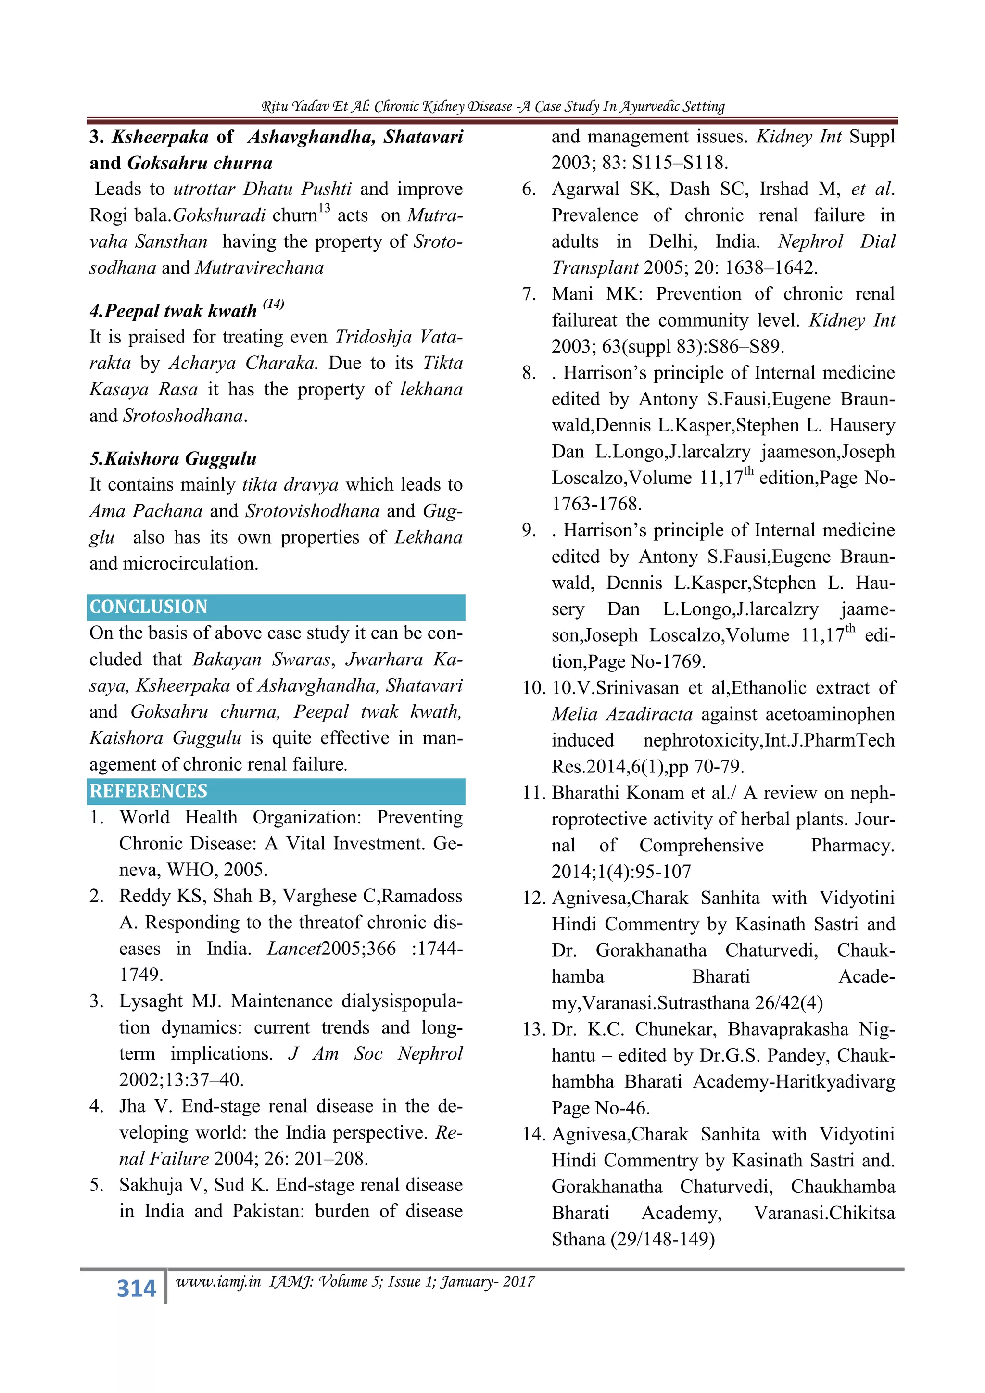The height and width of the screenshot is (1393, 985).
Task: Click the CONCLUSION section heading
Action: (x=149, y=607)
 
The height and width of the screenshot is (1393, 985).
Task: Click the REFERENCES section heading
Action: (x=149, y=791)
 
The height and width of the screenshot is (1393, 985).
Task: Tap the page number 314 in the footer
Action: (x=137, y=1288)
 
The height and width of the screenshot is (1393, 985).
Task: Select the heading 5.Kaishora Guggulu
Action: (x=174, y=459)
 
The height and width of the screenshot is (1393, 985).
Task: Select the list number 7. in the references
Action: (x=529, y=294)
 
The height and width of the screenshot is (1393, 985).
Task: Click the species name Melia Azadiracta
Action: (x=622, y=715)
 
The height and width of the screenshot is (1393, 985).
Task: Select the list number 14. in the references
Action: (x=534, y=1135)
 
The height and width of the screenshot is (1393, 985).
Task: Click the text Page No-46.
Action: (x=600, y=1108)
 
